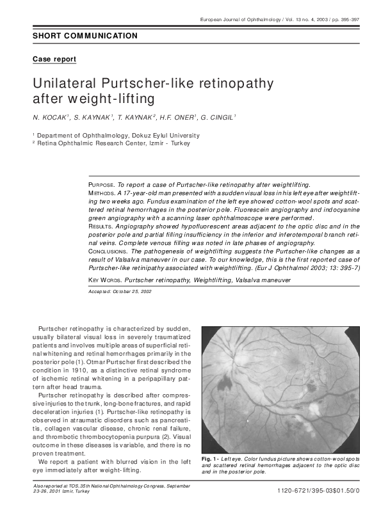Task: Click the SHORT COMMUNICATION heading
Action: [85, 36]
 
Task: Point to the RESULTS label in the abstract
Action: [101, 226]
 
